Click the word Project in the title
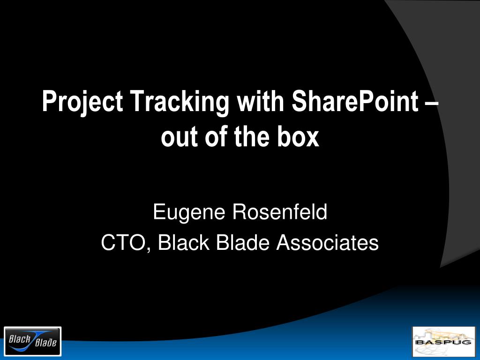(x=82, y=102)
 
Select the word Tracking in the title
(x=180, y=102)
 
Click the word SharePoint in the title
(x=355, y=101)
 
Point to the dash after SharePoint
(x=432, y=104)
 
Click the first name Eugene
(x=189, y=213)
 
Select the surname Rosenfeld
(x=280, y=211)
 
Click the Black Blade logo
(x=33, y=341)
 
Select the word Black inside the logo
(x=20, y=339)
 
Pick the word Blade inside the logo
(x=46, y=343)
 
